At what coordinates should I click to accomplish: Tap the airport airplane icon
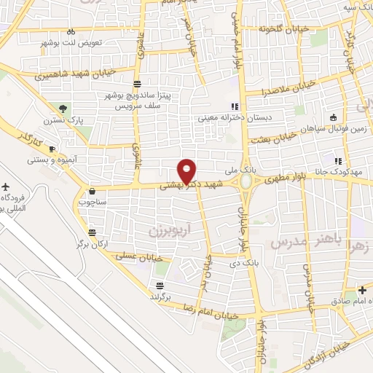7,186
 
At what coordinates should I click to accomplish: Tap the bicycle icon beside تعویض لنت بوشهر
71,31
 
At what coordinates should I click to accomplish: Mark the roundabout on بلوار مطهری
248,180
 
